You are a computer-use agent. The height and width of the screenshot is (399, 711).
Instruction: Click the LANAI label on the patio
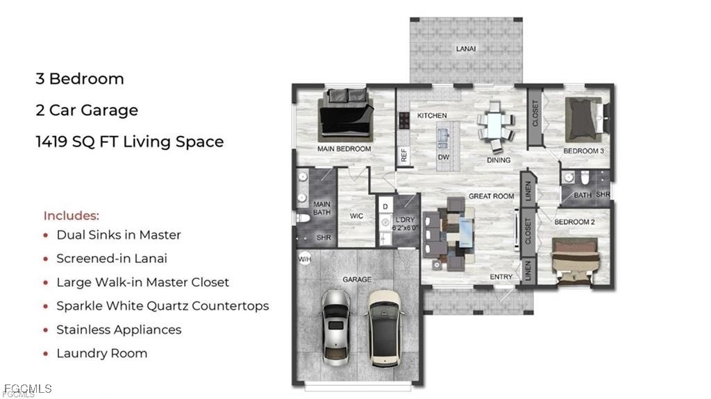point(466,49)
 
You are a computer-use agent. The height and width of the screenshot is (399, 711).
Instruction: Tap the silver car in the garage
point(336,328)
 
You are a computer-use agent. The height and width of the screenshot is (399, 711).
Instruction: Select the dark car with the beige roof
point(385,328)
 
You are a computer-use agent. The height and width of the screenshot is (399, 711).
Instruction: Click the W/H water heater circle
point(305,260)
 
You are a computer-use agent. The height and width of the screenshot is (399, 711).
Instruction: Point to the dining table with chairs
point(495,126)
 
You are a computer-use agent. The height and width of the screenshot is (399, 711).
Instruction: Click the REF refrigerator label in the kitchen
point(404,155)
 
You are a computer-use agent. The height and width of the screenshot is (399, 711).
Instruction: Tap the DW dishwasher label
point(444,158)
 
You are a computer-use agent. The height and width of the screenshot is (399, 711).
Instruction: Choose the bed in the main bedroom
point(346,115)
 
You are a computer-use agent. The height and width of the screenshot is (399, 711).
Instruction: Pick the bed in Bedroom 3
point(584,119)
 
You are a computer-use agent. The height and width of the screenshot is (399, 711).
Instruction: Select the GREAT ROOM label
point(491,196)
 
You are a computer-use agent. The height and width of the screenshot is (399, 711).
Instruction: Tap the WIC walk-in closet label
point(356,217)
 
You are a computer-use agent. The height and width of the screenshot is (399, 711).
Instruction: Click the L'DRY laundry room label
point(405,219)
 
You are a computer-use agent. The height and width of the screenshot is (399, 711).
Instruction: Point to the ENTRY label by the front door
point(501,277)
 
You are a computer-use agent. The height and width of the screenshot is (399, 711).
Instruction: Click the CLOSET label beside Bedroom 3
point(535,113)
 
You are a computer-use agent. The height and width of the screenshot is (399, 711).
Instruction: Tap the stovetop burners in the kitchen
point(403,121)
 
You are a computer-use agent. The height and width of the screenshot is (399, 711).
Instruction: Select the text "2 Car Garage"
point(87,110)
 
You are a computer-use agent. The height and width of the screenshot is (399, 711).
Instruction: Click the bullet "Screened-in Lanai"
point(112,258)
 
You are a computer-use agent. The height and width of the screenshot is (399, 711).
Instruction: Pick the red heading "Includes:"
point(72,215)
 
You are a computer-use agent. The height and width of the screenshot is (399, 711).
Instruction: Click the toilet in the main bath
point(303,218)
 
